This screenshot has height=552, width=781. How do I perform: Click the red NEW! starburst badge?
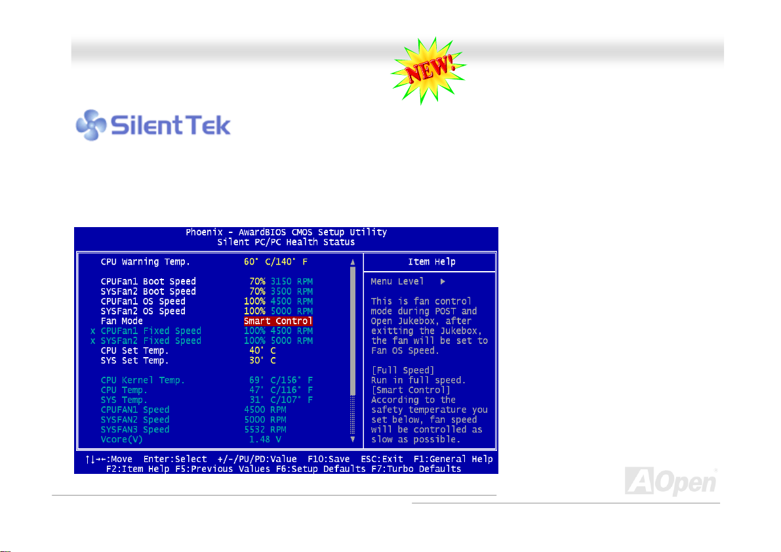click(429, 70)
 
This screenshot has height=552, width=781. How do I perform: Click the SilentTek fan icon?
click(90, 125)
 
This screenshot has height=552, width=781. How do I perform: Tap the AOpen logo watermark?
click(670, 482)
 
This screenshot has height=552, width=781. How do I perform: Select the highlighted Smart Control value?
click(278, 321)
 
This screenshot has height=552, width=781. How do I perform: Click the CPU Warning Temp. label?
click(146, 262)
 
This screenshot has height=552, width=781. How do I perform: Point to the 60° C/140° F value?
click(275, 262)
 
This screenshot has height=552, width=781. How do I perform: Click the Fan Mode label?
click(121, 321)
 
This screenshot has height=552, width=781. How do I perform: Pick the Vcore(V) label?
click(121, 440)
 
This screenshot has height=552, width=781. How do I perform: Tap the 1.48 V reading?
click(265, 440)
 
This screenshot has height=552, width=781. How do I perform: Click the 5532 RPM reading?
click(265, 430)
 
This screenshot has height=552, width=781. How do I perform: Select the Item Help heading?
click(432, 262)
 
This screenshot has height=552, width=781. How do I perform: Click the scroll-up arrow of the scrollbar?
click(353, 262)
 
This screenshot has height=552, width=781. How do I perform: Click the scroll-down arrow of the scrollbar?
click(353, 440)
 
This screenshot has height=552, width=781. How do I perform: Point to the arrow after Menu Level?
click(443, 282)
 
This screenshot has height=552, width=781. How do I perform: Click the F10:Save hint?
click(329, 459)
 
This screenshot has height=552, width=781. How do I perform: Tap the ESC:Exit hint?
click(382, 459)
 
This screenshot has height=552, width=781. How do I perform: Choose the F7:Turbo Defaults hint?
click(416, 469)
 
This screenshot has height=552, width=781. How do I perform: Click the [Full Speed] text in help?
click(403, 370)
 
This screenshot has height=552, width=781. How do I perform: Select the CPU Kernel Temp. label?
click(143, 381)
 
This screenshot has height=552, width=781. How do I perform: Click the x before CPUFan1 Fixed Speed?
click(92, 331)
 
